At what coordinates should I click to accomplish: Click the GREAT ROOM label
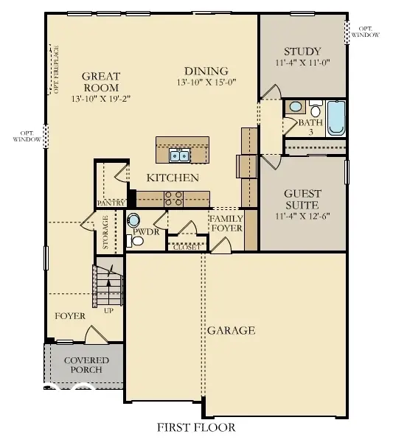[x=101, y=81]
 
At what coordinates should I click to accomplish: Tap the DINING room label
[x=207, y=71]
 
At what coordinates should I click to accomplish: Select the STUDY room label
[x=302, y=52]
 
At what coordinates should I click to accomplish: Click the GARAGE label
[x=231, y=330]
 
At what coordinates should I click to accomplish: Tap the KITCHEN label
[x=173, y=178]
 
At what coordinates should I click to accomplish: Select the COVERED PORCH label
[x=86, y=364]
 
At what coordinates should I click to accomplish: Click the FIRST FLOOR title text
[x=196, y=427]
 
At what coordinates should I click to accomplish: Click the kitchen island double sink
[x=179, y=155]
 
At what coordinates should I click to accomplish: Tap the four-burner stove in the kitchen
[x=173, y=197]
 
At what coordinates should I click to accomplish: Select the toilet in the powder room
[x=134, y=220]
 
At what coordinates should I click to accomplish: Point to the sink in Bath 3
[x=295, y=107]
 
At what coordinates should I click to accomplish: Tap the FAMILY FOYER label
[x=226, y=223]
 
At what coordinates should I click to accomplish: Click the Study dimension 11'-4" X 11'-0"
[x=302, y=63]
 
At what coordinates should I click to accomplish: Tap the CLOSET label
[x=185, y=247]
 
